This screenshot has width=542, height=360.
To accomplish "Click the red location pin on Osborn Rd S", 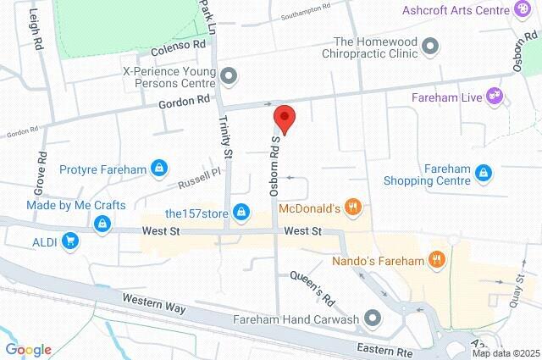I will (x=284, y=119).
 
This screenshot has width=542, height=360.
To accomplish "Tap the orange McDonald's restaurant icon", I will (x=355, y=208).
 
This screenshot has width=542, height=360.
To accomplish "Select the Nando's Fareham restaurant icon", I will (x=438, y=259).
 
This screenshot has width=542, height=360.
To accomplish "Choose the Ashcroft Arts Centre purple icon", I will (x=523, y=9).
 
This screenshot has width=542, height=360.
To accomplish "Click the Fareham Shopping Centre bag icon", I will (x=484, y=173).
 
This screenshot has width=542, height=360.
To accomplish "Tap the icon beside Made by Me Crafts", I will (x=102, y=223).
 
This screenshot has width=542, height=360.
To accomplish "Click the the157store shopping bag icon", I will (x=241, y=212).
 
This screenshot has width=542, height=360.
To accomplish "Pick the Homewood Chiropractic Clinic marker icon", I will (x=431, y=46).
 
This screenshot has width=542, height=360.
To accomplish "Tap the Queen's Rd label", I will (x=312, y=288).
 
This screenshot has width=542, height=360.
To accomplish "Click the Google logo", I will (x=28, y=349).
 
